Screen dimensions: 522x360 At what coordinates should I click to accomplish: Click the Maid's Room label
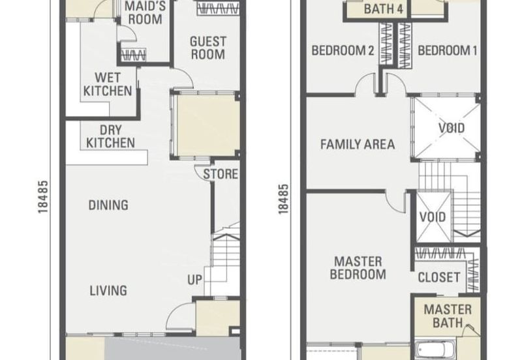[145, 12]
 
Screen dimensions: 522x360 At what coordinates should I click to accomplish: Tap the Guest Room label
[208, 48]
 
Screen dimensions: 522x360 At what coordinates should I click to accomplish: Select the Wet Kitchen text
[108, 84]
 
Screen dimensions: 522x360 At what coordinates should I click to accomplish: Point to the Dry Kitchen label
[110, 136]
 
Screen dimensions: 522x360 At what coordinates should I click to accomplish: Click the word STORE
[221, 174]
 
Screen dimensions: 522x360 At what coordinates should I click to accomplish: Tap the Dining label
[108, 205]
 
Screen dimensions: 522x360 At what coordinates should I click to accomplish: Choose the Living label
[108, 290]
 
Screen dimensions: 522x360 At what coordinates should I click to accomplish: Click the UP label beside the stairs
[194, 280]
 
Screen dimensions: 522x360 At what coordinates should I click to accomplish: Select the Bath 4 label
[384, 8]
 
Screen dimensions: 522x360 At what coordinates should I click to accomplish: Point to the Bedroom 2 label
[343, 51]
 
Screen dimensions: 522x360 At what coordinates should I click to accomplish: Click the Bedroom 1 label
[448, 51]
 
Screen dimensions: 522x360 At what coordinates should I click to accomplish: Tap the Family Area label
[358, 144]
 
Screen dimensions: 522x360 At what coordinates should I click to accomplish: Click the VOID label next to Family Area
[452, 128]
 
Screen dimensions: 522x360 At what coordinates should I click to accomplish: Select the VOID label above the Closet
[433, 217]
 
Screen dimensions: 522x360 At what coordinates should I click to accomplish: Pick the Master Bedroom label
[358, 268]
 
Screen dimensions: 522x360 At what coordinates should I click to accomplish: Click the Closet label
[439, 277]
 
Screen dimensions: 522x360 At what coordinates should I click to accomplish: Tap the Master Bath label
[448, 316]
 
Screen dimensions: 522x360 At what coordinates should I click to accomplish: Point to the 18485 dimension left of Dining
[43, 197]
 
